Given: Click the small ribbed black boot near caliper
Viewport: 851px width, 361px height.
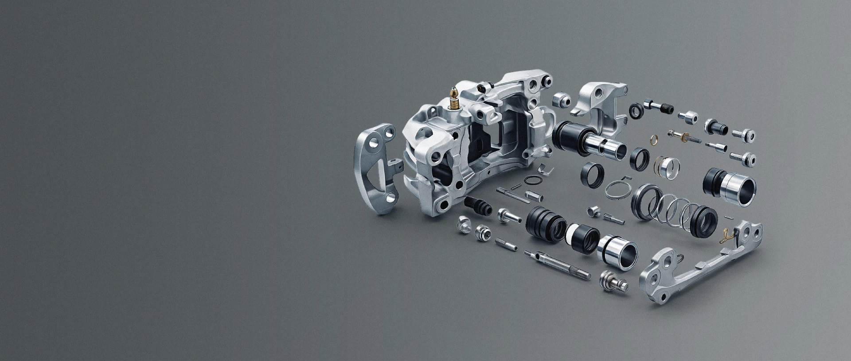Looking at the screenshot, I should (478, 205).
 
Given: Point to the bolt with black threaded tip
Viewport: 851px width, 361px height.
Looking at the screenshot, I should (658, 106).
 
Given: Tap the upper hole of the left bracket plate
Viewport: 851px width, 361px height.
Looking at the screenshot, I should (390, 132).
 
